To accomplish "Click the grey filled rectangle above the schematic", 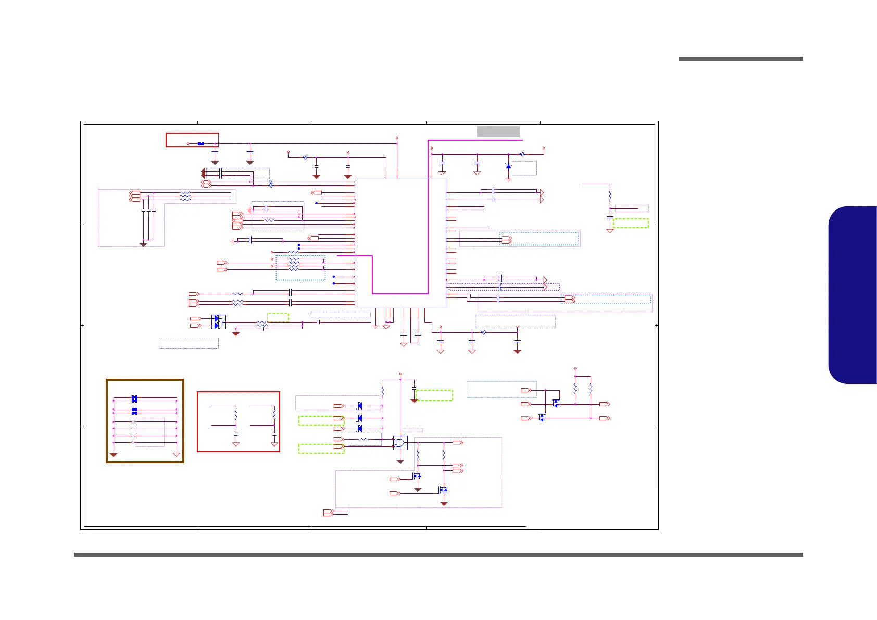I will coord(498,131).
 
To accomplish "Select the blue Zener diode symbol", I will coord(509,166).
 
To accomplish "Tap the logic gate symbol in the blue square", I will coord(400,443).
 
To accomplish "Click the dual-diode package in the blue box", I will coord(218,322).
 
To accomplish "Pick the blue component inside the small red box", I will coord(201,144).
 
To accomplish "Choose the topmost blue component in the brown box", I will coord(134,399).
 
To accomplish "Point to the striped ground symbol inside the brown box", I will coord(114,455).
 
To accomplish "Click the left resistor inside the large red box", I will coord(236,415).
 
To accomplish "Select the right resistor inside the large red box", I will coord(274,415).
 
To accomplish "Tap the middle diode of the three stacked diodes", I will coord(359,418).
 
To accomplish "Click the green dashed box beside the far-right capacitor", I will coord(631,223).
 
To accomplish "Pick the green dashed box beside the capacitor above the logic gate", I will coord(434,395).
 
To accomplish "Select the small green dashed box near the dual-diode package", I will coord(278,317).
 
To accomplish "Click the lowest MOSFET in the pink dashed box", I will coord(443,490).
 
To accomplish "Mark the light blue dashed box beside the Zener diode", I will coord(524,168).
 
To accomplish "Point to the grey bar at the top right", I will coord(741,59).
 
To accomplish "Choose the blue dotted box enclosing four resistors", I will coord(300,268).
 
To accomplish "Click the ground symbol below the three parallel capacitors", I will coord(143,244).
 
